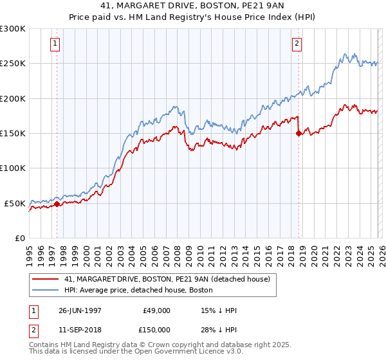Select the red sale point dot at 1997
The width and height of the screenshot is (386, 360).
tap(57, 204)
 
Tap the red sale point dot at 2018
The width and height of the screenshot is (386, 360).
tap(299, 134)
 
